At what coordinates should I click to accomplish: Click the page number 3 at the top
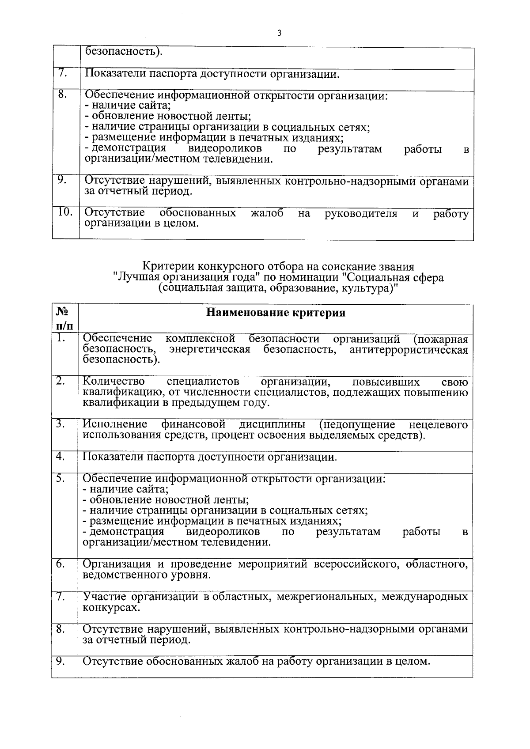pyautogui.click(x=279, y=33)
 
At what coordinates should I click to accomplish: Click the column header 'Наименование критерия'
pyautogui.click(x=276, y=313)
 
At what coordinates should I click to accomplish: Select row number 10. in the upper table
pyautogui.click(x=65, y=212)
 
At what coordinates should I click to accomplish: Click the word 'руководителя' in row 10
pyautogui.click(x=361, y=214)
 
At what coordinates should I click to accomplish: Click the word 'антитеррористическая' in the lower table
pyautogui.click(x=409, y=350)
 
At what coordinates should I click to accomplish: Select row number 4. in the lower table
pyautogui.click(x=61, y=456)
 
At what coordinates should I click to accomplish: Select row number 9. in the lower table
pyautogui.click(x=61, y=661)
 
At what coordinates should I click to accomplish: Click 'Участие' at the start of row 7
pyautogui.click(x=105, y=597)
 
